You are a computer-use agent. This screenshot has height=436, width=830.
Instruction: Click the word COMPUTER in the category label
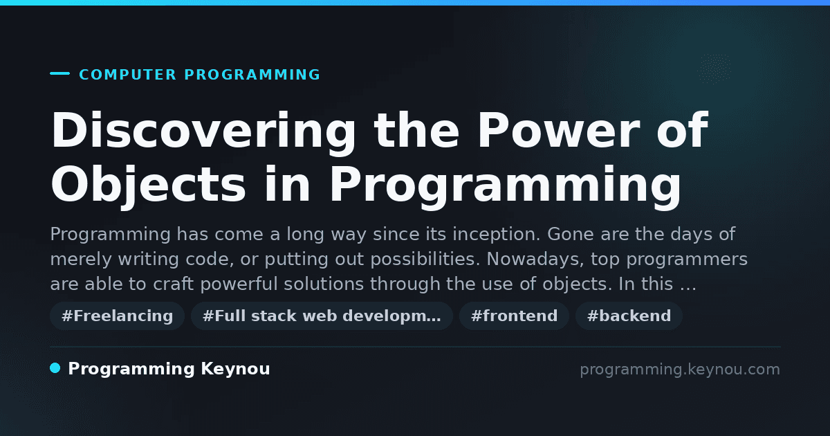point(127,75)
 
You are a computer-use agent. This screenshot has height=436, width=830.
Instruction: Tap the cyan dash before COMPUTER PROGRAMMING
point(59,73)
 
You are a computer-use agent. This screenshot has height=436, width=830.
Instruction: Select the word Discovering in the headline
point(203,131)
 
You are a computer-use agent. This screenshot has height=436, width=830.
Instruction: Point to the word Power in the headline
point(558,130)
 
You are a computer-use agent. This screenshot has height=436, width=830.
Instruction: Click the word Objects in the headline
point(148,185)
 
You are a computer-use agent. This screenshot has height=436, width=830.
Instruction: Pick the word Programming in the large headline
point(506,185)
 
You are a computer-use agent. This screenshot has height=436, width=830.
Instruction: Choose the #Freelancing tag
point(117,316)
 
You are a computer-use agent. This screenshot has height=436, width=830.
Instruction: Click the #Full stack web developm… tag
point(322,316)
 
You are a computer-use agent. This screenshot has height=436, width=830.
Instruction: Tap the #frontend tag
point(514,316)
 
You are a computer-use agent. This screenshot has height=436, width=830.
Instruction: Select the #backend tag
point(629,316)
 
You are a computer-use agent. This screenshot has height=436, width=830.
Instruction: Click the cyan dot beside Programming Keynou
point(55,368)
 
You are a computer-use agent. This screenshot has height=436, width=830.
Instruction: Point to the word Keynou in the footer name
point(235,370)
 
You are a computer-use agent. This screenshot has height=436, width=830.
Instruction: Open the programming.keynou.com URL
point(680,370)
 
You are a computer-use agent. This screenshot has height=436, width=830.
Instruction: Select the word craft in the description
point(174,284)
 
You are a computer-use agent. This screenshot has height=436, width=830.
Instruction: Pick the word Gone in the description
point(571,235)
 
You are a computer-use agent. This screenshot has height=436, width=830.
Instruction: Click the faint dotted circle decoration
point(714,69)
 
